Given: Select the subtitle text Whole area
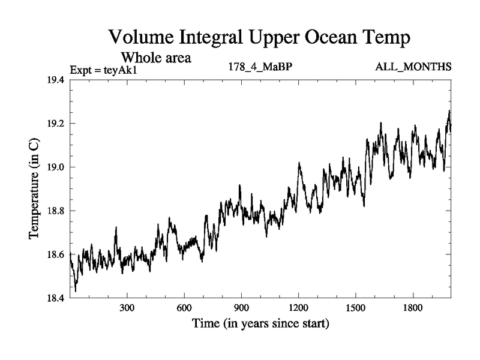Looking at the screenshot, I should tap(157, 58).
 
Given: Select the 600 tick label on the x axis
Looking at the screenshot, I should tap(184, 308).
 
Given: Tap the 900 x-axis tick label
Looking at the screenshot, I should tap(241, 308).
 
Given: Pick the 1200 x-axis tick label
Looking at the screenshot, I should tap(298, 308).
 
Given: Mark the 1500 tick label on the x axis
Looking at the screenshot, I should tap(355, 308).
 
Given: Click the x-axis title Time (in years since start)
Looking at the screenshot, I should tap(260, 325).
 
